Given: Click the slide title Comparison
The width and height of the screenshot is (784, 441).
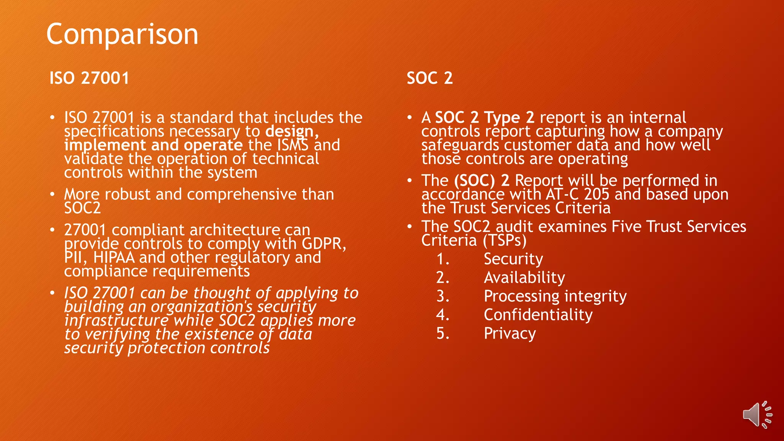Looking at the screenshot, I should (x=122, y=34).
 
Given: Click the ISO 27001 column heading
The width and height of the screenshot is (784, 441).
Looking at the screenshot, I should (x=89, y=78).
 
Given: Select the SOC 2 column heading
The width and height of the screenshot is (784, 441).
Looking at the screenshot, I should (x=430, y=78).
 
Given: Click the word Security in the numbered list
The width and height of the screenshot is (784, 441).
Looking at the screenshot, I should (x=513, y=259).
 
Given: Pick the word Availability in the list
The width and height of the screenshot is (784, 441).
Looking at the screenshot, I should (x=524, y=278).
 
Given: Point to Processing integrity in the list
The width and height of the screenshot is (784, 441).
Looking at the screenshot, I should (x=555, y=296).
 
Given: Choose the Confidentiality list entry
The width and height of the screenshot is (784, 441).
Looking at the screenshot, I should (x=538, y=315).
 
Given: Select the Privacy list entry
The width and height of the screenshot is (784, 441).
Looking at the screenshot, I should (x=510, y=333).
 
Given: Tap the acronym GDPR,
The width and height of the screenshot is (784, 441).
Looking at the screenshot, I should (x=324, y=244).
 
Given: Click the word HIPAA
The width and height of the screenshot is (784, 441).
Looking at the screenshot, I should (x=114, y=258).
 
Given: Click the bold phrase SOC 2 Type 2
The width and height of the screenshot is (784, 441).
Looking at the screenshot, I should (x=485, y=118).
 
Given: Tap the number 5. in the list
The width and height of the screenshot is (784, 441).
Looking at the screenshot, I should (x=443, y=333).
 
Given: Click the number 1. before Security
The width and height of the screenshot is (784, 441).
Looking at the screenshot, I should (x=443, y=259).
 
